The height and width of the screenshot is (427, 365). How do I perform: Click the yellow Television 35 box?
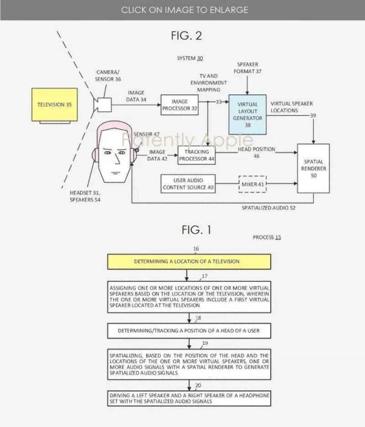[55, 105]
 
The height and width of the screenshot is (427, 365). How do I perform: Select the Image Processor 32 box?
[179, 105]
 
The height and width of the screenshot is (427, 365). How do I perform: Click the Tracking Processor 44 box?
[196, 155]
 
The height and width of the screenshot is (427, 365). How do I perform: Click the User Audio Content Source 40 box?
[188, 182]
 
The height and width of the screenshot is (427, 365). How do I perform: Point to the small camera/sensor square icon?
[102, 105]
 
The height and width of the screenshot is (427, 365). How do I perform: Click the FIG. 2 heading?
[186, 35]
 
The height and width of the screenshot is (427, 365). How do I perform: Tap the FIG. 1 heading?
[196, 230]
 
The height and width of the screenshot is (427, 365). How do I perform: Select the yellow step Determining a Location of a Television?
[187, 261]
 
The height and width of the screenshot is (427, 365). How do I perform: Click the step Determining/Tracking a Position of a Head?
[187, 331]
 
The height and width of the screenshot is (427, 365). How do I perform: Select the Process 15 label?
[266, 236]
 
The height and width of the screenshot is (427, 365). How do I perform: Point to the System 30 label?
[190, 58]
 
